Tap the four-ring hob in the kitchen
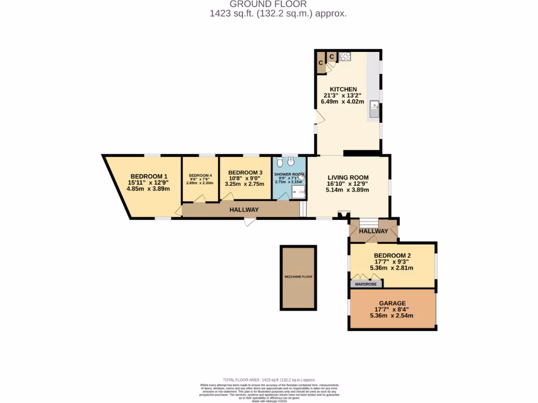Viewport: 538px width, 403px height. point(345,57)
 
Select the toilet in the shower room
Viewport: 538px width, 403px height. point(279,162)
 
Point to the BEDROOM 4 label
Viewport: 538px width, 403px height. point(200,175)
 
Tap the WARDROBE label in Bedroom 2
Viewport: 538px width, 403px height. point(366,284)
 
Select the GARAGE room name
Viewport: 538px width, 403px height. point(392,303)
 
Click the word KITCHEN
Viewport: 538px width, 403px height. point(344,89)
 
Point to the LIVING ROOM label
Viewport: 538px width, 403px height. point(347,177)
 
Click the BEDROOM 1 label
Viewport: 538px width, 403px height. point(149,176)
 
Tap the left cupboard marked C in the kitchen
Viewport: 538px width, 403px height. point(320,63)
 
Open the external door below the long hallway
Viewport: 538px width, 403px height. point(250,221)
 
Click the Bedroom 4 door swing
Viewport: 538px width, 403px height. point(198,198)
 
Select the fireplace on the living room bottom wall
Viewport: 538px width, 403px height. point(344,215)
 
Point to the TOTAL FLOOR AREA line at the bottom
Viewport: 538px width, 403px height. point(268,379)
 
